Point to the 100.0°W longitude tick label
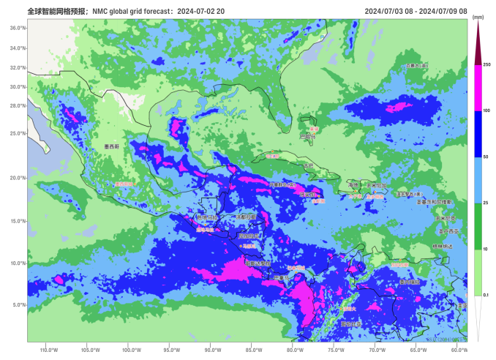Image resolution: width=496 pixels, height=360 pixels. [x=132, y=349]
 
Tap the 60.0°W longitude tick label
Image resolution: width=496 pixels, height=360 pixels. [x=459, y=349]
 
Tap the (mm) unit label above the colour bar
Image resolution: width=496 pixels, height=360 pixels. [x=478, y=16]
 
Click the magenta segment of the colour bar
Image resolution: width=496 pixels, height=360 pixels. [x=478, y=88]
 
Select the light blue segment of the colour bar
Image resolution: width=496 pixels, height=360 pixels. [x=478, y=179]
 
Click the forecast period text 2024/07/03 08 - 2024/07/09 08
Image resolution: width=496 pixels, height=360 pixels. [x=415, y=10]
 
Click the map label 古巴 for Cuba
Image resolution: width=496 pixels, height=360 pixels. [x=308, y=165]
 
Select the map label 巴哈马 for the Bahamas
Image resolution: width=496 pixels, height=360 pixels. [x=308, y=136]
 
